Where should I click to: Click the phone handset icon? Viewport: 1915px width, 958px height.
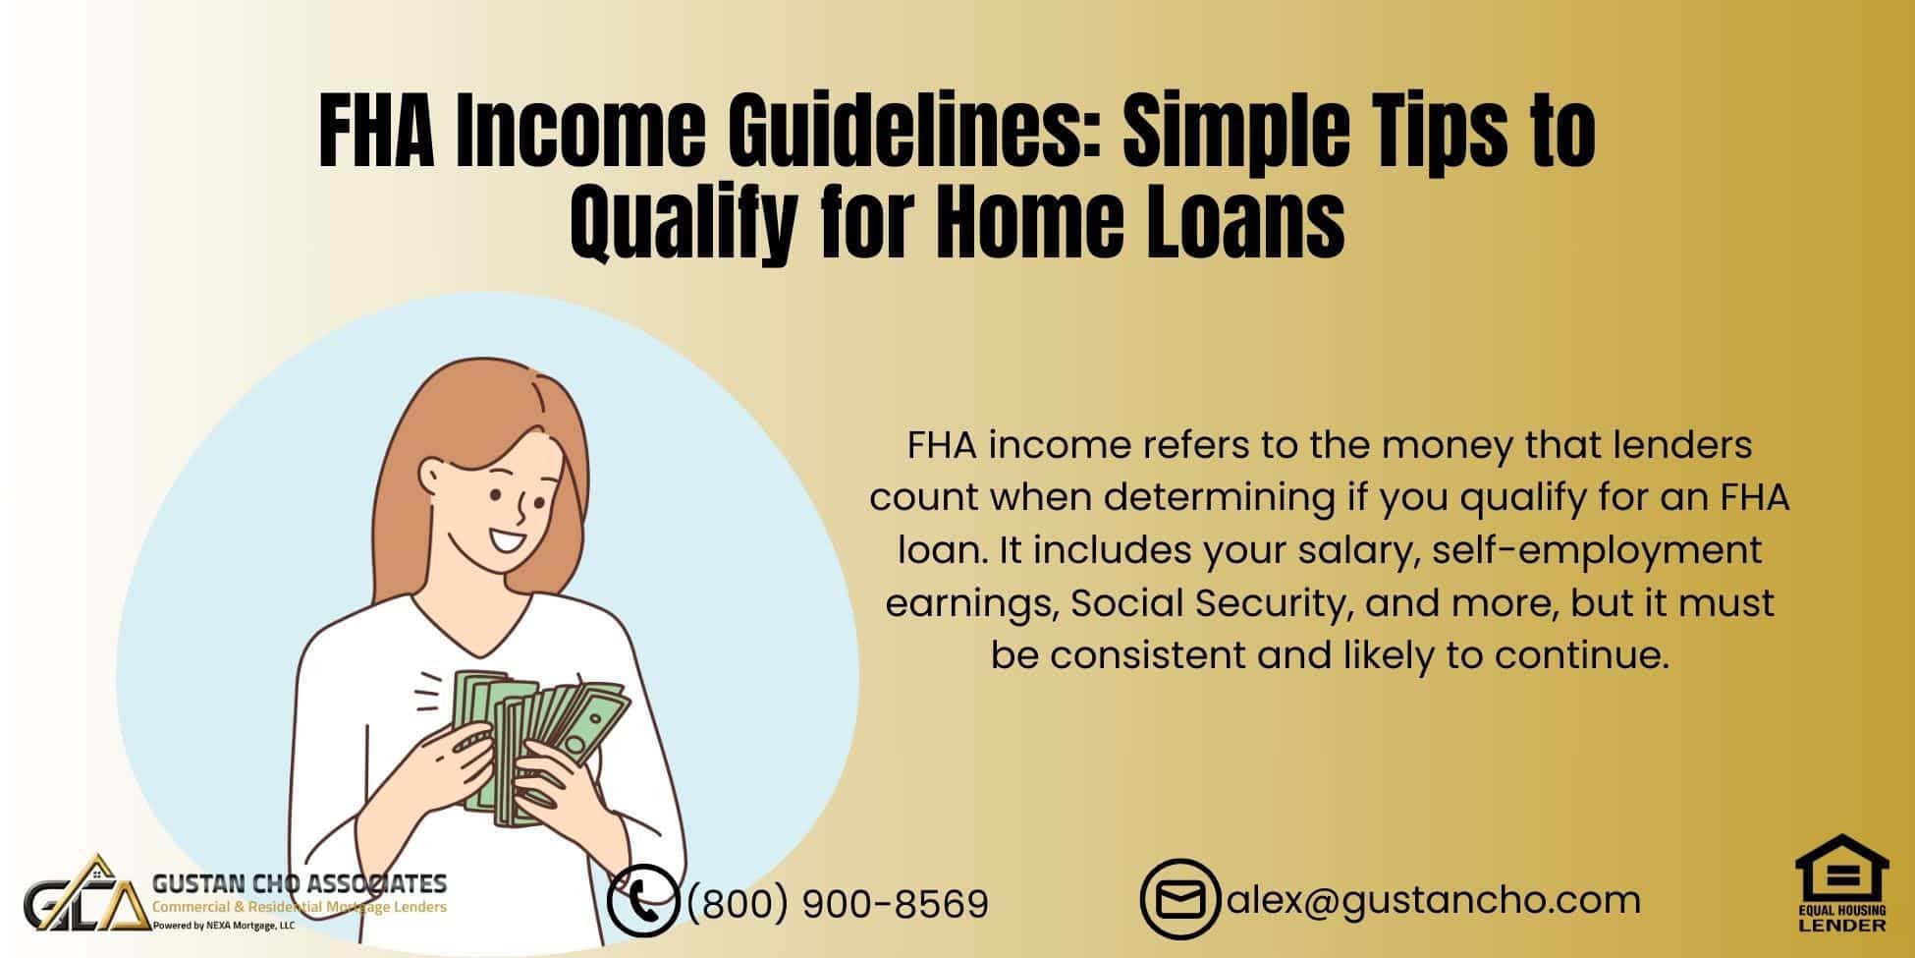pyautogui.click(x=642, y=900)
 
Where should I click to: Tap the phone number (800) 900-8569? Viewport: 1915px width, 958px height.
pyautogui.click(x=838, y=903)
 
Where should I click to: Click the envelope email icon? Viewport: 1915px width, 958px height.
pyautogui.click(x=1179, y=900)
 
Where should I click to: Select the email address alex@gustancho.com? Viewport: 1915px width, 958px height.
pyautogui.click(x=1433, y=899)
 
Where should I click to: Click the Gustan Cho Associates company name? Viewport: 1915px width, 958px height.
pyautogui.click(x=300, y=882)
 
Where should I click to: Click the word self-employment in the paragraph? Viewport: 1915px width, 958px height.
pyautogui.click(x=1597, y=550)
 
